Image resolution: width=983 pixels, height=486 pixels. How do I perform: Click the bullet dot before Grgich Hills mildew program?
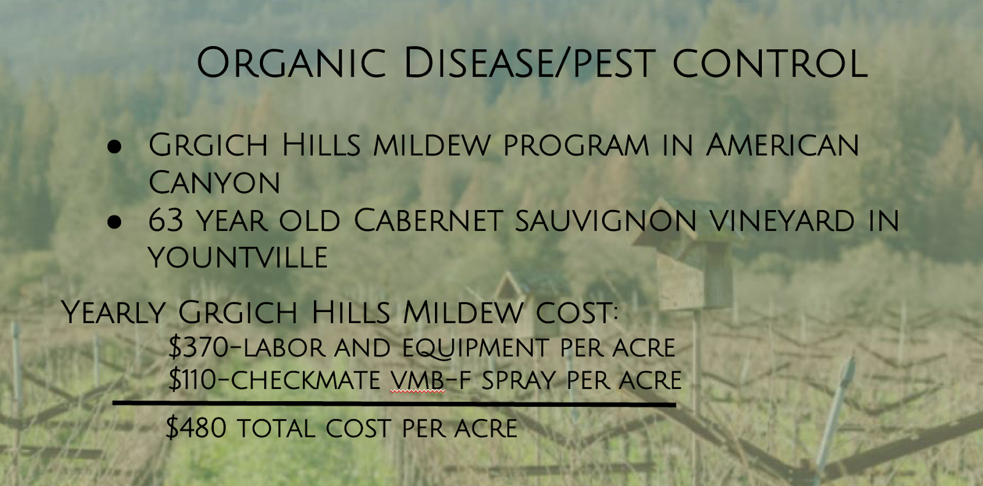114,146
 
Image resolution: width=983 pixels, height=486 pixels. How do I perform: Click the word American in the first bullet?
782,144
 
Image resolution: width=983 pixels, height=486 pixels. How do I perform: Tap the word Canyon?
214,182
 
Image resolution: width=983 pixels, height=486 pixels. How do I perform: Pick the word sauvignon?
606,221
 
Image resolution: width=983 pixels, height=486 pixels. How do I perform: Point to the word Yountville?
238,257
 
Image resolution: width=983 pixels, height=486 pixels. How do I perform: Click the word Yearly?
113,312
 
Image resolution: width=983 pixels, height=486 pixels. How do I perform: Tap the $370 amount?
199,347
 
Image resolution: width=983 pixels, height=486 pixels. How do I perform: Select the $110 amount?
193,379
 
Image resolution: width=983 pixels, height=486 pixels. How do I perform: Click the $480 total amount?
196,428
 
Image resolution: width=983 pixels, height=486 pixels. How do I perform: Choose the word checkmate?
305,380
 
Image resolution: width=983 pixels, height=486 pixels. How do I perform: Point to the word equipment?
476,348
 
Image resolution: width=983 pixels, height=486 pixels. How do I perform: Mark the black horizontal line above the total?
394,404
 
